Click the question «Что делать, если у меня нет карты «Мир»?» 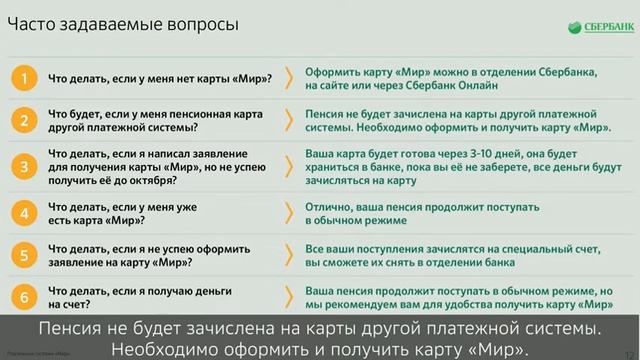point(160,77)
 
